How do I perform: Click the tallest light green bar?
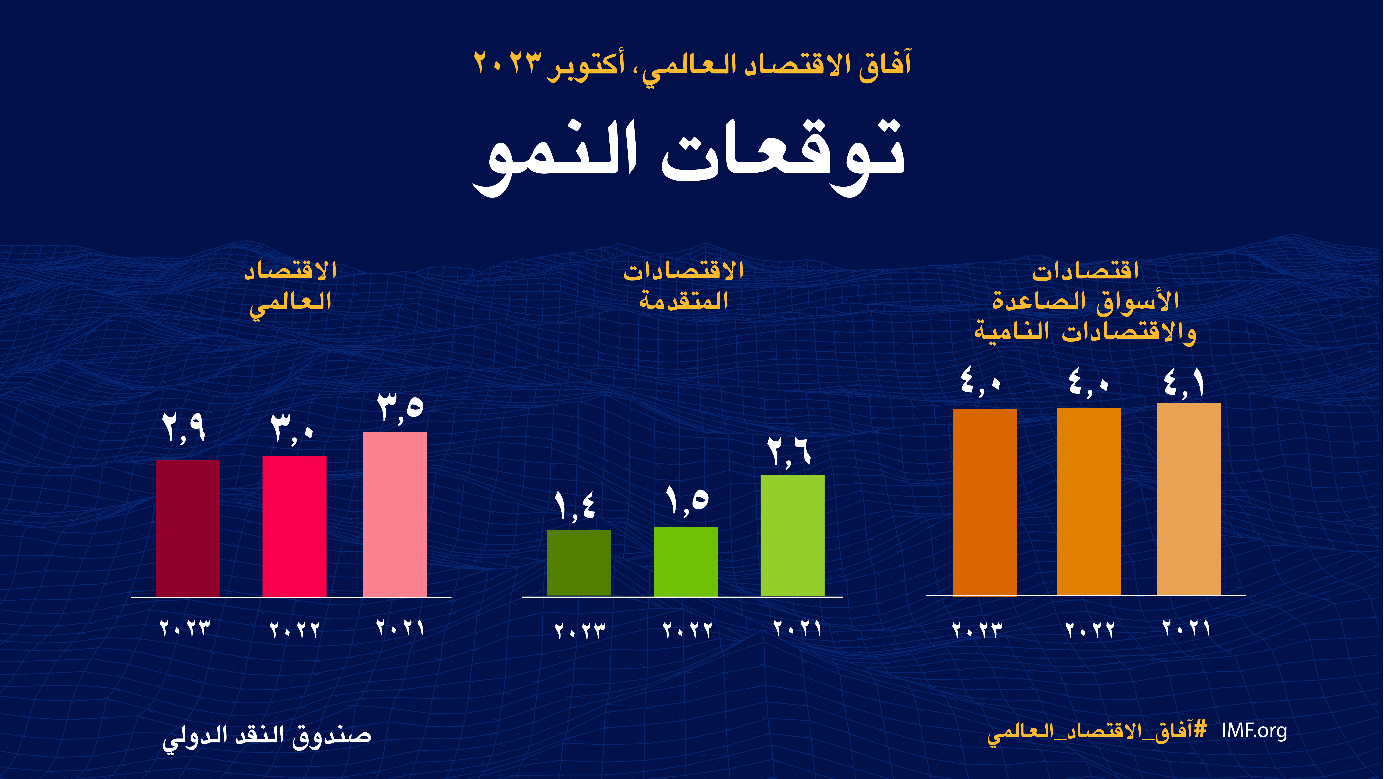click(793, 535)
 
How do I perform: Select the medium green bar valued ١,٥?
click(686, 561)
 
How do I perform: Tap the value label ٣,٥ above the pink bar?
click(400, 408)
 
